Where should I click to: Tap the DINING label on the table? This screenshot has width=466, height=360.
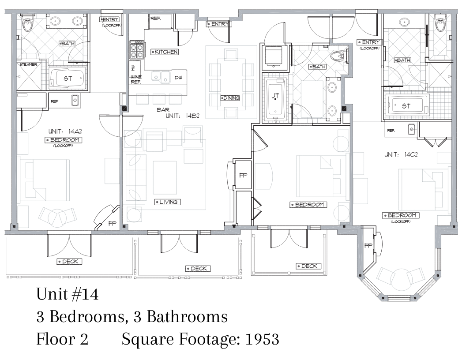click(x=230, y=98)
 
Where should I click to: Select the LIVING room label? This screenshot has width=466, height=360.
click(x=168, y=202)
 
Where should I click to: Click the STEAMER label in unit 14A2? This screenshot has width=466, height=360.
click(x=28, y=64)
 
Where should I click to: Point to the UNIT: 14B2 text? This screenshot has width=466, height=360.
click(x=182, y=116)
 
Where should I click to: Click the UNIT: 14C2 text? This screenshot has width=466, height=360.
click(x=401, y=154)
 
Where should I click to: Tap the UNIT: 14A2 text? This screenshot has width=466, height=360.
click(x=65, y=131)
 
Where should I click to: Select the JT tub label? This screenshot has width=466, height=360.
click(x=275, y=96)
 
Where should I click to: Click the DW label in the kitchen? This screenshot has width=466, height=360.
click(x=178, y=78)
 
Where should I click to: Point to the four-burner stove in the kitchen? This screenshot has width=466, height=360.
click(x=137, y=49)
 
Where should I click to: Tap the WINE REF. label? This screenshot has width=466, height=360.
click(x=135, y=79)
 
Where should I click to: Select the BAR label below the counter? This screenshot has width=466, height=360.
click(x=163, y=110)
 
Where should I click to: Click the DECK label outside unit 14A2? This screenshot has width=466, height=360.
click(x=69, y=262)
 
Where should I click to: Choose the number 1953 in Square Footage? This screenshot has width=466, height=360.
click(x=262, y=339)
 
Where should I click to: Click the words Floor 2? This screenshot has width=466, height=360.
click(x=62, y=339)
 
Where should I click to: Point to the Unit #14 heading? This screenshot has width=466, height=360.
click(x=68, y=294)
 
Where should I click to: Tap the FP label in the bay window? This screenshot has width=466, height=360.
click(x=368, y=245)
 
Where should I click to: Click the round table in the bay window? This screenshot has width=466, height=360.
click(x=401, y=280)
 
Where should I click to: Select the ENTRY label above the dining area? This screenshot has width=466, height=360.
click(x=218, y=24)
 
